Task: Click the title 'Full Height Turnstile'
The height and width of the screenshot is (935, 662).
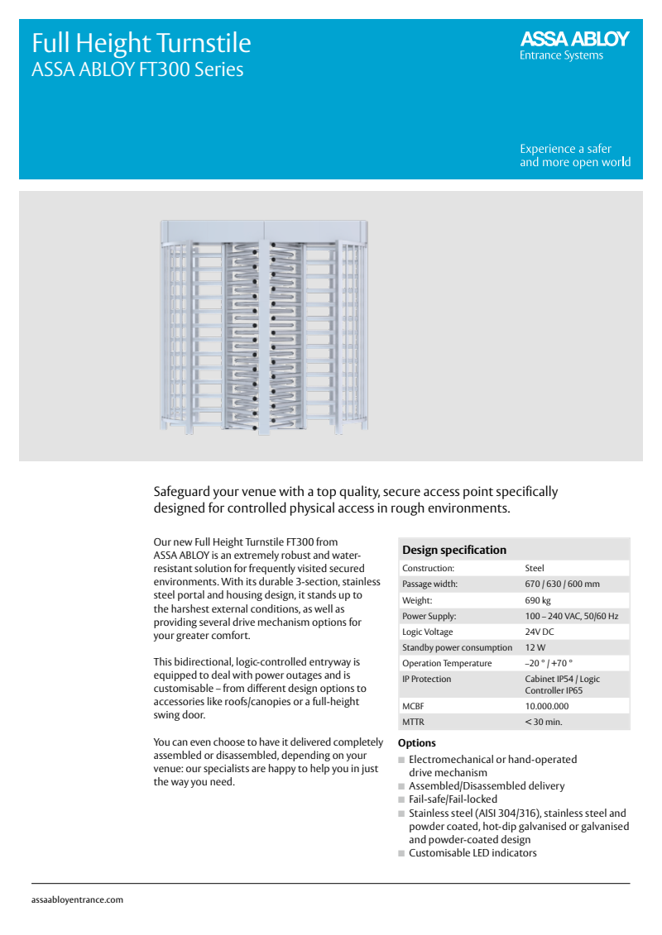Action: click(x=141, y=43)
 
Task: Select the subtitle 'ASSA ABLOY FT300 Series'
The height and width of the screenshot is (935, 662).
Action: click(x=137, y=69)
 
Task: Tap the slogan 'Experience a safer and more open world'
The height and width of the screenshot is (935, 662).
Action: click(x=574, y=155)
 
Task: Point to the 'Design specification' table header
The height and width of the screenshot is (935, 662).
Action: click(x=454, y=550)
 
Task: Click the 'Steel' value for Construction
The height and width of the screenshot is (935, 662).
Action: click(x=535, y=569)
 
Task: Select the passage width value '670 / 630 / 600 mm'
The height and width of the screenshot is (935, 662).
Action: click(x=562, y=584)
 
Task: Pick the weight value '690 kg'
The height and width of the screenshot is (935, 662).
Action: click(x=538, y=600)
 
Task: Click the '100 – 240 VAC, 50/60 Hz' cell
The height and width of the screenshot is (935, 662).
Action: click(x=571, y=616)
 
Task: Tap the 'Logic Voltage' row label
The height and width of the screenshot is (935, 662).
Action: click(x=428, y=632)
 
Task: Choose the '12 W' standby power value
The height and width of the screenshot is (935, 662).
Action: click(x=535, y=647)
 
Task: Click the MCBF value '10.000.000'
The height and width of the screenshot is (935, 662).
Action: click(x=547, y=706)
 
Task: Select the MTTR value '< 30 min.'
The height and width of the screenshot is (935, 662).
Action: click(x=544, y=722)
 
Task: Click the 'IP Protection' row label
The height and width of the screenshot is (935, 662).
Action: click(x=427, y=679)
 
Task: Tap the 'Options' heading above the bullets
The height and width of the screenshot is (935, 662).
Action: click(x=417, y=743)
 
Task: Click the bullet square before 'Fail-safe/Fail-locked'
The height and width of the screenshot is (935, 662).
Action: click(x=401, y=799)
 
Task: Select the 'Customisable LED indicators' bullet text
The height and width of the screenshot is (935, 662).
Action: click(x=473, y=852)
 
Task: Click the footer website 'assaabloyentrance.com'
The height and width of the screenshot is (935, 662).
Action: click(x=77, y=899)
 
